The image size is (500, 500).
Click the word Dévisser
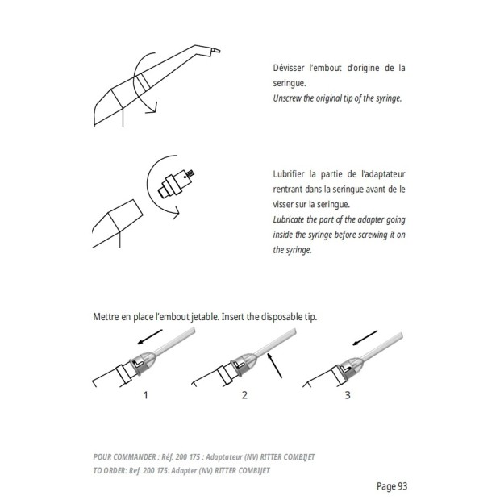[x=288, y=68]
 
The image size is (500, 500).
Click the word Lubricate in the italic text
[x=288, y=219]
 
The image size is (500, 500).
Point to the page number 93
[x=402, y=486]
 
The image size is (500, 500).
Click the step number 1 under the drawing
[x=146, y=395]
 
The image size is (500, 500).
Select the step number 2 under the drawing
[x=244, y=395]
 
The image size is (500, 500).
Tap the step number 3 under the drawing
[x=348, y=395]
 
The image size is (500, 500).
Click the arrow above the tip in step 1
[x=149, y=337]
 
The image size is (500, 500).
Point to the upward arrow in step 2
[x=274, y=365]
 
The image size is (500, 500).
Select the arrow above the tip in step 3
[x=365, y=338]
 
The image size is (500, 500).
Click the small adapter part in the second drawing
[x=177, y=184]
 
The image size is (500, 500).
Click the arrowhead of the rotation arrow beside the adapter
[x=175, y=213]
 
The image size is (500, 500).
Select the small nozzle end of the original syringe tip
[x=215, y=51]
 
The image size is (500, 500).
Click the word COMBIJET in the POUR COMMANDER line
[x=299, y=457]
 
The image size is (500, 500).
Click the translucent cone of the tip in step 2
[x=248, y=361]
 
